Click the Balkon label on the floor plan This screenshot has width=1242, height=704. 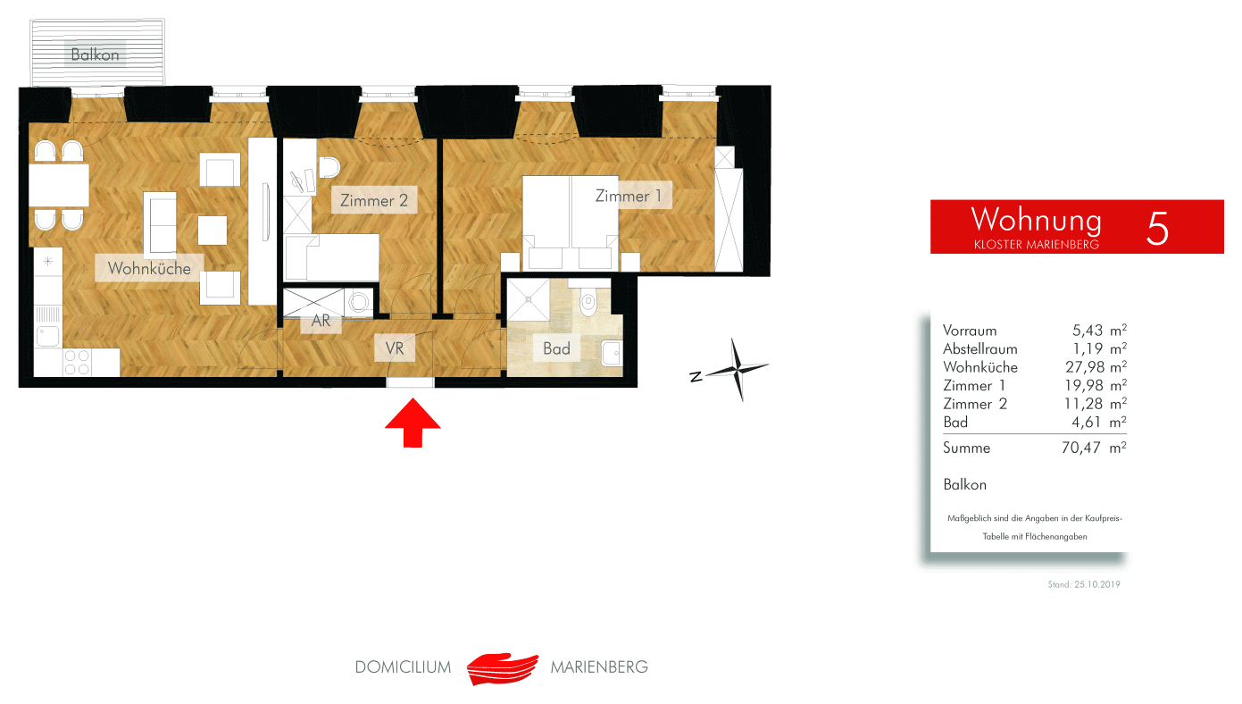click(x=95, y=54)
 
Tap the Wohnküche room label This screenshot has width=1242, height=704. click(x=149, y=269)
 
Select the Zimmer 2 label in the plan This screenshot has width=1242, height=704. click(x=374, y=200)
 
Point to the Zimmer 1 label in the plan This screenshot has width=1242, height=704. click(x=629, y=196)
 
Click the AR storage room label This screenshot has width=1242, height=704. click(x=321, y=321)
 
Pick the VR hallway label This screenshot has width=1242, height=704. click(x=395, y=348)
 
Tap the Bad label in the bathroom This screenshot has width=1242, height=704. click(x=556, y=348)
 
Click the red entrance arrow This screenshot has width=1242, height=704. click(x=413, y=423)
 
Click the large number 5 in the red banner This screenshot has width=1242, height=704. click(x=1157, y=228)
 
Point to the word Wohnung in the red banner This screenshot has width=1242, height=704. click(x=1036, y=219)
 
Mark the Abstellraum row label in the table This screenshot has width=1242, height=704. click(x=979, y=349)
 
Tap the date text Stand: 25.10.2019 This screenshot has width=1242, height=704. click(x=1083, y=584)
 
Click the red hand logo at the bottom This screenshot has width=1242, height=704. click(x=502, y=668)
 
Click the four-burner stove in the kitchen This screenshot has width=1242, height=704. click(x=77, y=362)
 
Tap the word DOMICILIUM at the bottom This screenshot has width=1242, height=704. click(x=403, y=666)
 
